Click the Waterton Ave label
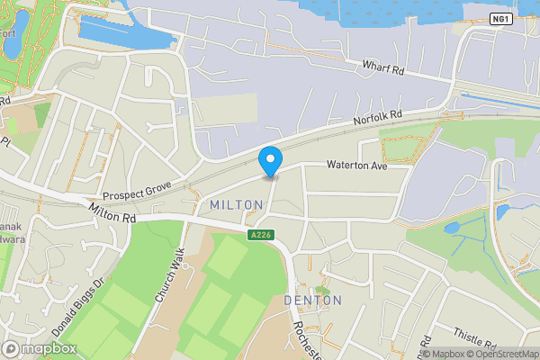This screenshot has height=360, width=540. (355, 165)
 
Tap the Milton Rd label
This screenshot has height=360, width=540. (112, 212)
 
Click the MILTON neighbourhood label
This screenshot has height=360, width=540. (236, 205)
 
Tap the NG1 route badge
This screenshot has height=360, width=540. (502, 18)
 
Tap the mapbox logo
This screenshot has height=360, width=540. (39, 348)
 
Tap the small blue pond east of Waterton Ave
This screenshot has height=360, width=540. (451, 227)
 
